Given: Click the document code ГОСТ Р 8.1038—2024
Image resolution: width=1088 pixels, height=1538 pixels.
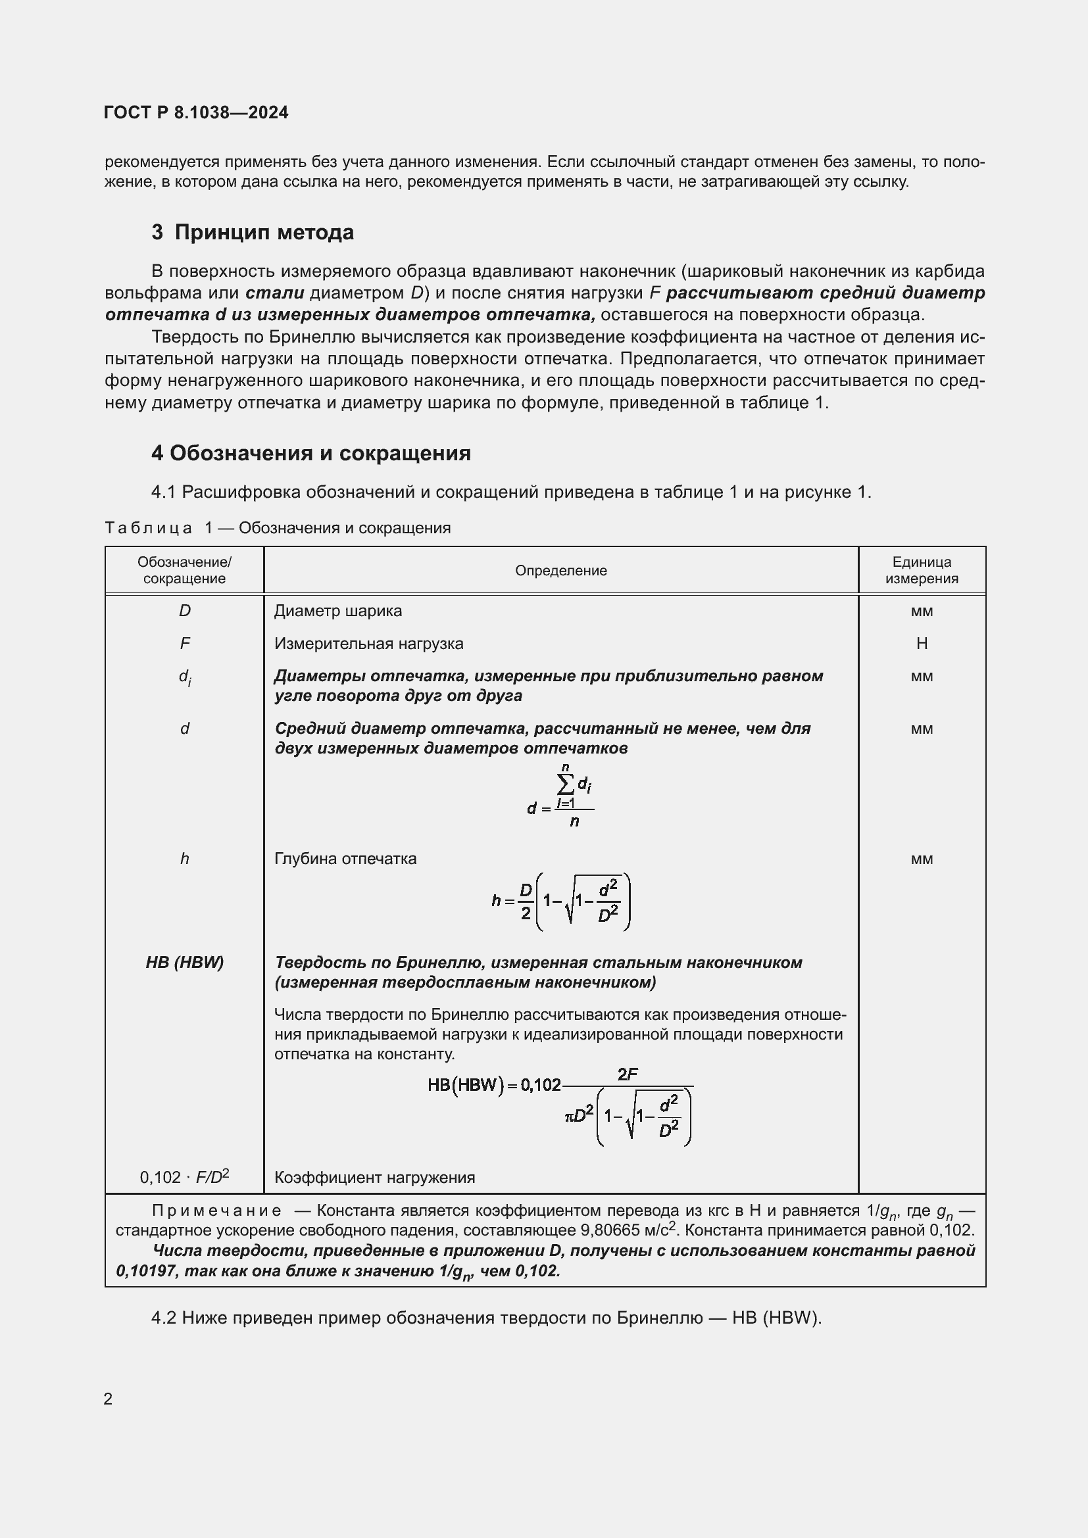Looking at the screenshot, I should point(196,112).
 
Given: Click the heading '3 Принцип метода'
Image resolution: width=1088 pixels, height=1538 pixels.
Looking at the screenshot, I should point(253,232).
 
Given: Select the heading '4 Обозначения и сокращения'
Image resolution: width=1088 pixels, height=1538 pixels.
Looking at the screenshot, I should point(311,454).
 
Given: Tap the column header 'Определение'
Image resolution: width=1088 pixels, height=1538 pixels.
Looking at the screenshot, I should point(560,571).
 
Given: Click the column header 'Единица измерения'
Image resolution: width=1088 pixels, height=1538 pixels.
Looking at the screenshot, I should point(921,571).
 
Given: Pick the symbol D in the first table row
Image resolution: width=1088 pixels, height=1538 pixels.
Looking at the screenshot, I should point(185,611).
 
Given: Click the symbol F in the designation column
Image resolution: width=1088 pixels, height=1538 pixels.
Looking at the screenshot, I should point(185,644).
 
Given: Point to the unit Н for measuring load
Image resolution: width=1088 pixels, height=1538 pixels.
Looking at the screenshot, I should point(922,644).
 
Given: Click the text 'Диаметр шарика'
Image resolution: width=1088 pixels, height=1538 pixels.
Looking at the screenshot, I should point(337,611).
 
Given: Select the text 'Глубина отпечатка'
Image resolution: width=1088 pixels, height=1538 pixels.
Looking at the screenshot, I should point(345,859).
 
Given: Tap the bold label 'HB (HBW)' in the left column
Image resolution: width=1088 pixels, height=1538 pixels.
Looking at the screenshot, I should point(185,963).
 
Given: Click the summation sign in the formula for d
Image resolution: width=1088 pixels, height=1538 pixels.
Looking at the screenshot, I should point(566,783).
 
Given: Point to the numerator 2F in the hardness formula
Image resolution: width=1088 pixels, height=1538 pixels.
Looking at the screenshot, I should point(628,1074).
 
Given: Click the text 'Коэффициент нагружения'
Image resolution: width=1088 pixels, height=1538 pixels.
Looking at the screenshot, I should point(374,1178).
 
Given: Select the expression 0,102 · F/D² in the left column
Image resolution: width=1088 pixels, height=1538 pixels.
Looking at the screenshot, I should point(185,1177).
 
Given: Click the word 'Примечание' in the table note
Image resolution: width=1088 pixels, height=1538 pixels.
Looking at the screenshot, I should point(216,1211).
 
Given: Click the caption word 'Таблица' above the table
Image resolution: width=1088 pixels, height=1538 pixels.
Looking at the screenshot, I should point(148,528).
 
